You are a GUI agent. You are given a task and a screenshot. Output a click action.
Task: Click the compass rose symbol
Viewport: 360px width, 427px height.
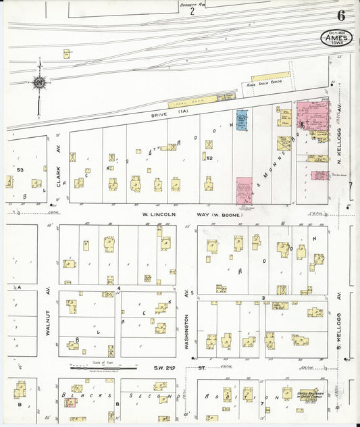click(40, 83)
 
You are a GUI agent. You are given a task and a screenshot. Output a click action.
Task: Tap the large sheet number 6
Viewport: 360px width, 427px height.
click(341, 15)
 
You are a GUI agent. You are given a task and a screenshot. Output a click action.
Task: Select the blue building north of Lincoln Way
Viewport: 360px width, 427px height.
click(242, 120)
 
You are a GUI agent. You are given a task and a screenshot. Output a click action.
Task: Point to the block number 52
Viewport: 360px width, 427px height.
click(209, 158)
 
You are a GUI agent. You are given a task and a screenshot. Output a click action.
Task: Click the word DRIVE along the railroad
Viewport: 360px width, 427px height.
click(159, 115)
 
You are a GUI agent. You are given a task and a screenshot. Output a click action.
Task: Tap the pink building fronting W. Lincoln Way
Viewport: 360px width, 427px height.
click(244, 191)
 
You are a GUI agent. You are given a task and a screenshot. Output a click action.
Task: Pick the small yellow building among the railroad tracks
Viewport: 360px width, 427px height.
click(68, 53)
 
